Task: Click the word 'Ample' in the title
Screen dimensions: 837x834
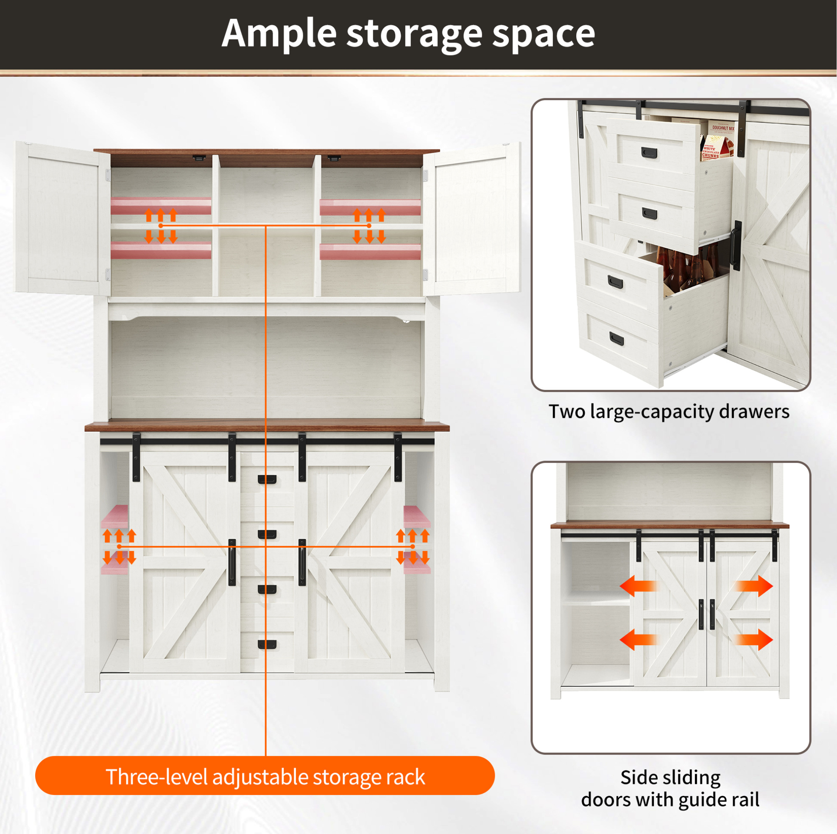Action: point(279,34)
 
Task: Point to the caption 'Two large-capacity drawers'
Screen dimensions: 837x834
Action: point(669,412)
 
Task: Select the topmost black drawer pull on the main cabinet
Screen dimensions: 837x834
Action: point(267,479)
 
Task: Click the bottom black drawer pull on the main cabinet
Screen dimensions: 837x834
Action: point(267,644)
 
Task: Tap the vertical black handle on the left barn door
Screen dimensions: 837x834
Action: point(232,562)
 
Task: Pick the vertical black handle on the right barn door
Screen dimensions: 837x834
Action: point(302,562)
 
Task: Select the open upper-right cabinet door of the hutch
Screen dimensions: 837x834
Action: point(472,219)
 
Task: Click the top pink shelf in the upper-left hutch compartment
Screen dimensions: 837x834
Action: point(161,206)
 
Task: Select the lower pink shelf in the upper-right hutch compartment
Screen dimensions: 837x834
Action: point(370,252)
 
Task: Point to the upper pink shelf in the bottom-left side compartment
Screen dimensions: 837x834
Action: point(115,516)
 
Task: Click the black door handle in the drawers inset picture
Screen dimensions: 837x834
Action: point(736,245)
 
